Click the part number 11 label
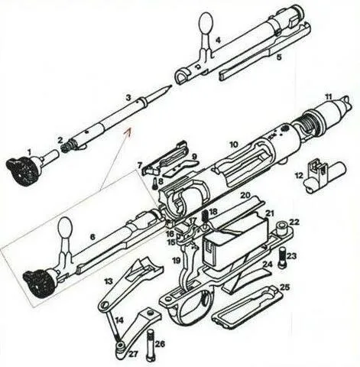pyautogui.click(x=329, y=96)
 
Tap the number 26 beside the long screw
pyautogui.click(x=161, y=344)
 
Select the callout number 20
pyautogui.click(x=245, y=196)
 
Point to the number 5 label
pyautogui.click(x=279, y=57)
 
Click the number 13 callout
pyautogui.click(x=109, y=281)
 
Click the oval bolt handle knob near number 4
pyautogui.click(x=206, y=22)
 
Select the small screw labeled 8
pyautogui.click(x=155, y=183)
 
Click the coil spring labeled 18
pyautogui.click(x=205, y=216)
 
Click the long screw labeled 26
pyautogui.click(x=151, y=345)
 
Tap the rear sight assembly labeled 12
pyautogui.click(x=324, y=175)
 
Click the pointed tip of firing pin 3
pyautogui.click(x=170, y=86)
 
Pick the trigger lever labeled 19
pyautogui.click(x=189, y=265)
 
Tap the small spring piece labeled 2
pyautogui.click(x=66, y=147)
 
